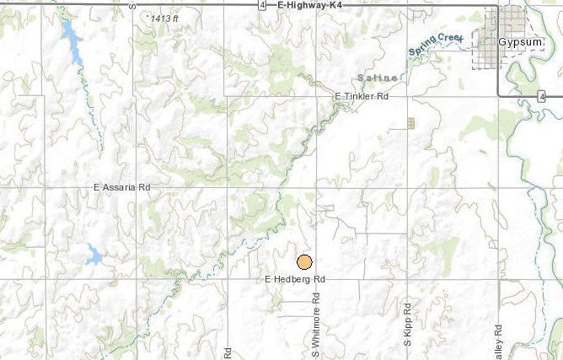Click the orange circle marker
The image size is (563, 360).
coord(305,262)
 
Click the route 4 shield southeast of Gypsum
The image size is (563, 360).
coord(539,96)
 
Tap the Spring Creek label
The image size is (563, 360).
coord(436,46)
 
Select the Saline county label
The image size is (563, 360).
coord(374,78)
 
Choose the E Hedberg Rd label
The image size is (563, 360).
coord(295,278)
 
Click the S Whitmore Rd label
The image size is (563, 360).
coord(317,325)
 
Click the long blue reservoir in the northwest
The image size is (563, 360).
coord(71,42)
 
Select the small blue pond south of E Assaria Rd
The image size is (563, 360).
coord(93,254)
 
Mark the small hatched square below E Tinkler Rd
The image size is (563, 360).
coord(410,123)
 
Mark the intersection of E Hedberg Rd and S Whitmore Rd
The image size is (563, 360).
coord(317,278)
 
